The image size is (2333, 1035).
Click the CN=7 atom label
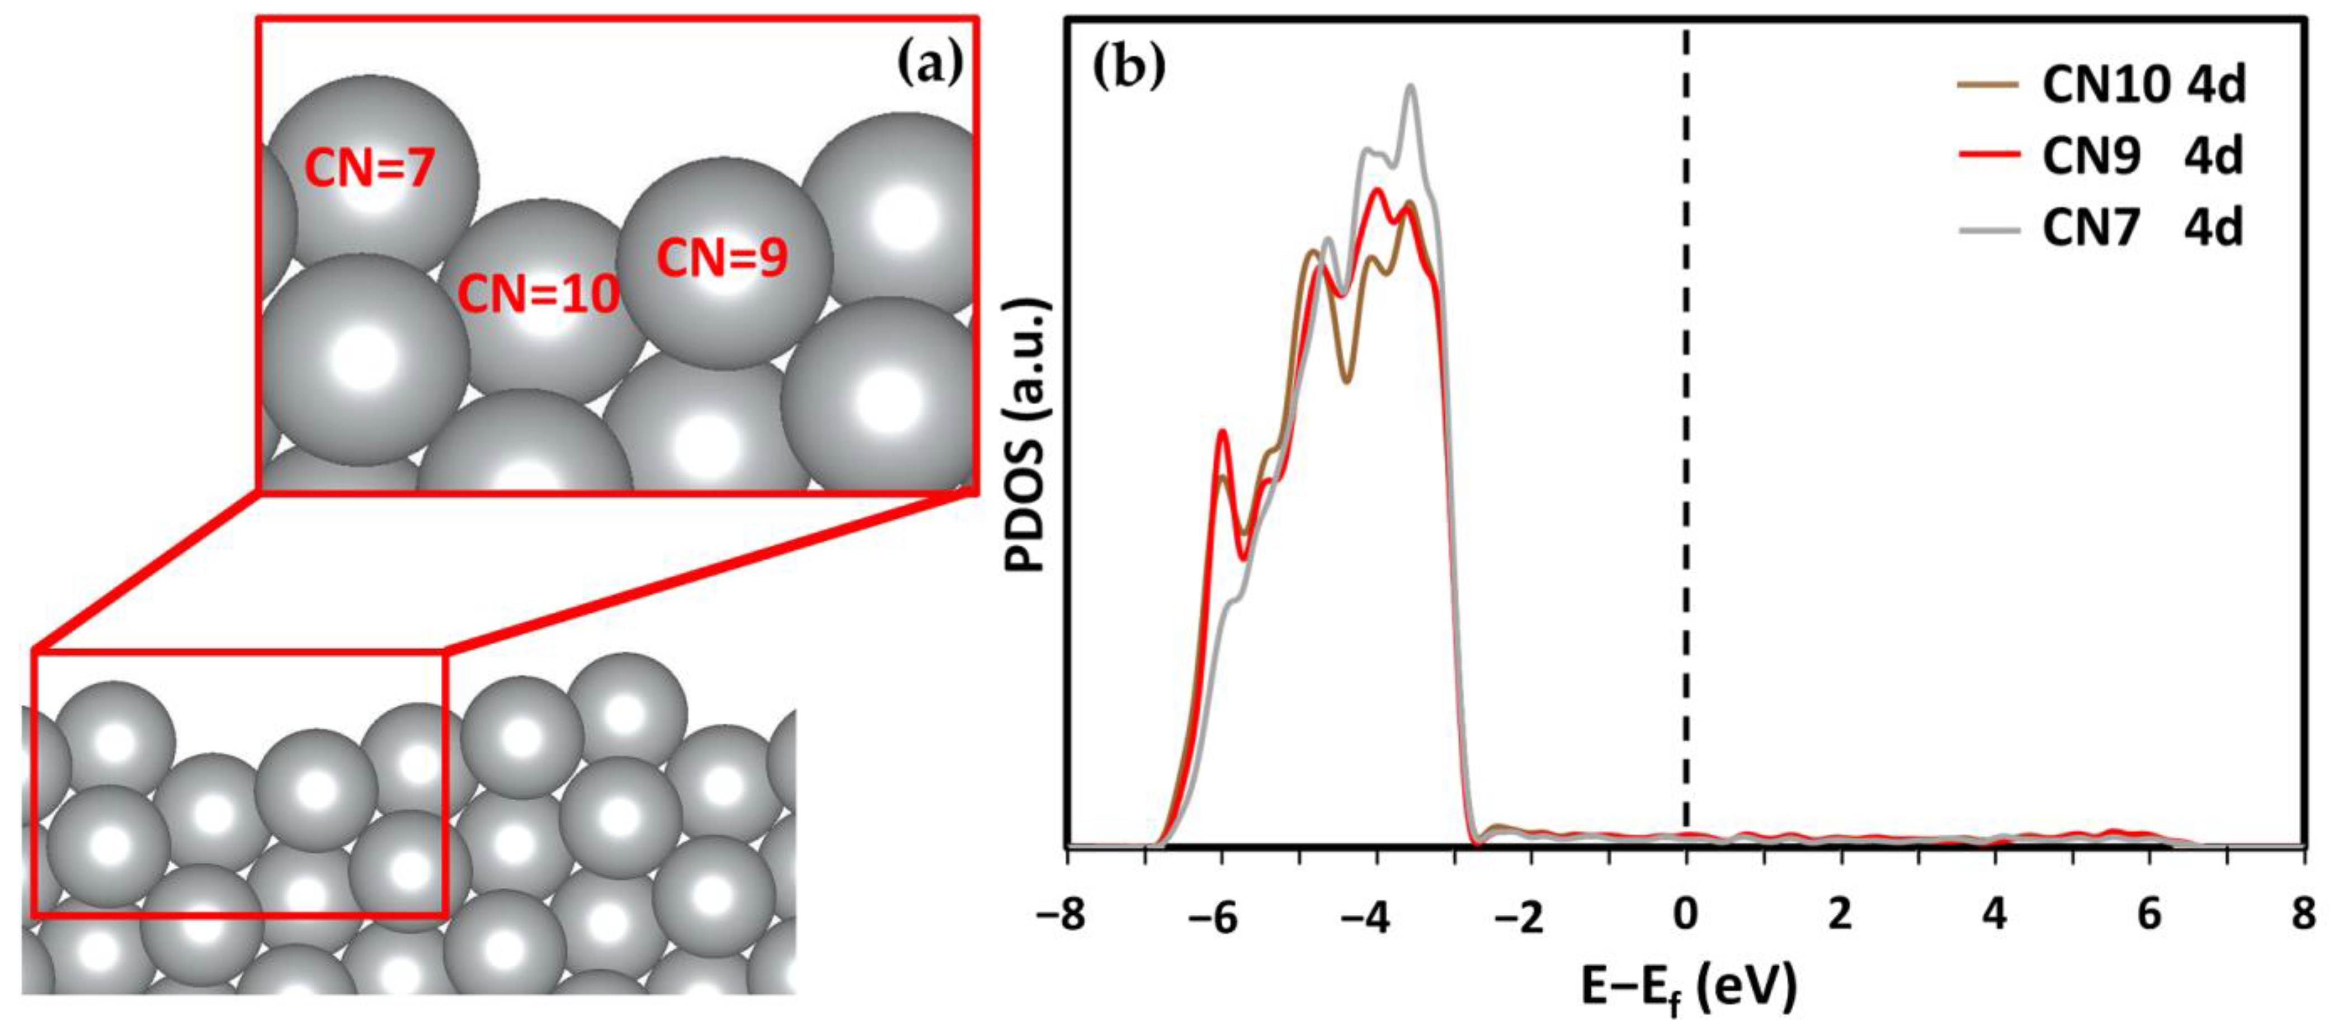[x=370, y=168]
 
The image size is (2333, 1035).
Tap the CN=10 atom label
[x=538, y=294]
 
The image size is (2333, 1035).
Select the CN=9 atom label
[x=722, y=258]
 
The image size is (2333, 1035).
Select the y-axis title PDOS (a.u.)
[x=1026, y=434]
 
